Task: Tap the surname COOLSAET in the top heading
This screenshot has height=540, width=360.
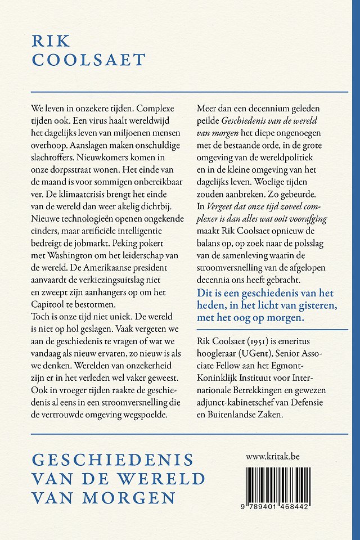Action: tap(89, 60)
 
